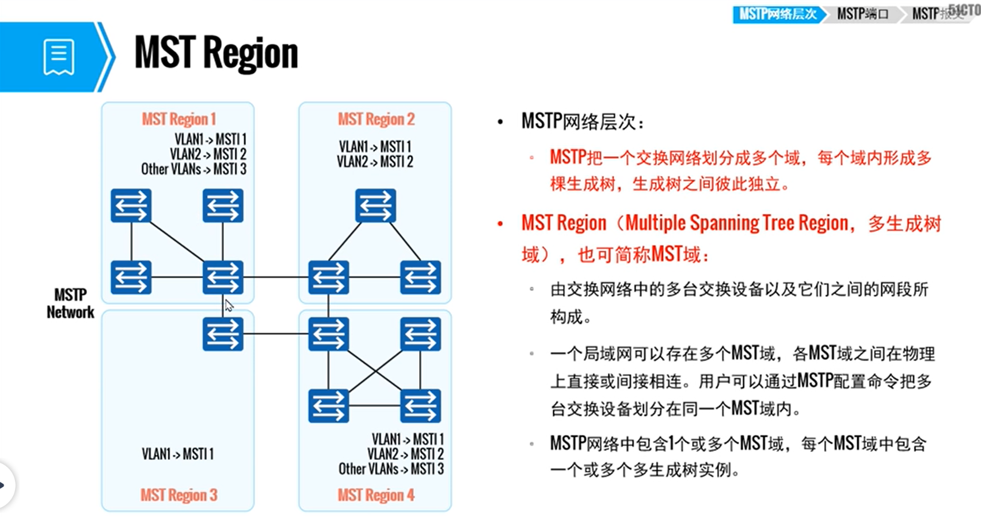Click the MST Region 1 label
click(x=178, y=119)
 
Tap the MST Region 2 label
click(x=376, y=119)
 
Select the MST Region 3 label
click(x=178, y=495)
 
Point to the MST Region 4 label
click(x=376, y=495)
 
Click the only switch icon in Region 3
click(x=223, y=334)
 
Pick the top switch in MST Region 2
click(x=375, y=206)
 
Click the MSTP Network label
click(x=70, y=303)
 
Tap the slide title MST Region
click(x=216, y=53)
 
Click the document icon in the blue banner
click(x=59, y=57)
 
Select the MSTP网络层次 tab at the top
click(x=777, y=14)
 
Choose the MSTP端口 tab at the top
click(x=862, y=14)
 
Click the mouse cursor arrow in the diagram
click(x=229, y=305)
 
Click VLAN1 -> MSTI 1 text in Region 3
click(x=177, y=454)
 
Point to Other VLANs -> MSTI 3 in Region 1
click(x=193, y=169)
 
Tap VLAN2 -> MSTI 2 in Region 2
click(x=375, y=162)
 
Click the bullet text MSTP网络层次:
click(x=583, y=121)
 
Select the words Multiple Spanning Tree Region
click(x=737, y=223)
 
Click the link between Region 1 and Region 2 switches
click(x=275, y=277)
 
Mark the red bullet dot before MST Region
click(x=500, y=223)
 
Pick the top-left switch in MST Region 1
click(x=131, y=206)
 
